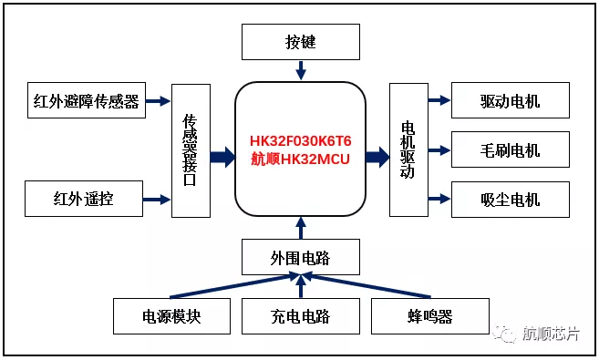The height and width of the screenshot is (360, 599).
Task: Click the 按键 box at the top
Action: coord(301,42)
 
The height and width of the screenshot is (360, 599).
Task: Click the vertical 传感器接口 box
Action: coord(191,149)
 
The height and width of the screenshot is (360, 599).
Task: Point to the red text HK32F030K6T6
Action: coord(300,141)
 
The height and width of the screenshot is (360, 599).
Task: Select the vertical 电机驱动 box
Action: coord(408,149)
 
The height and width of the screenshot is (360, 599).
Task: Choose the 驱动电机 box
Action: coord(510,100)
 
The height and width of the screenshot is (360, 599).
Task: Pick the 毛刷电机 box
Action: coord(510,149)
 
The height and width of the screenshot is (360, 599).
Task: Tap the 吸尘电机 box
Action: coord(510,199)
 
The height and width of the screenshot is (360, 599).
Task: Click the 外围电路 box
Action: coord(301,257)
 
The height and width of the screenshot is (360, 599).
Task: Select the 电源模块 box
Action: coord(170,316)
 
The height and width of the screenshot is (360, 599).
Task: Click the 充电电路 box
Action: coord(301,316)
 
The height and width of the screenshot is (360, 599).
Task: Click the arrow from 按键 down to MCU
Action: coord(301,70)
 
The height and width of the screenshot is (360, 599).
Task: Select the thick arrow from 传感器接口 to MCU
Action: coord(222,157)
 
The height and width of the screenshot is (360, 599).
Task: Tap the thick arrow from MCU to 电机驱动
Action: coord(377,157)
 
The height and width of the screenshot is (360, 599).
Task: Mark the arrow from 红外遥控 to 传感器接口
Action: coord(157,199)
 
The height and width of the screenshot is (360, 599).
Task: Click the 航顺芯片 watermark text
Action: coord(550,334)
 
